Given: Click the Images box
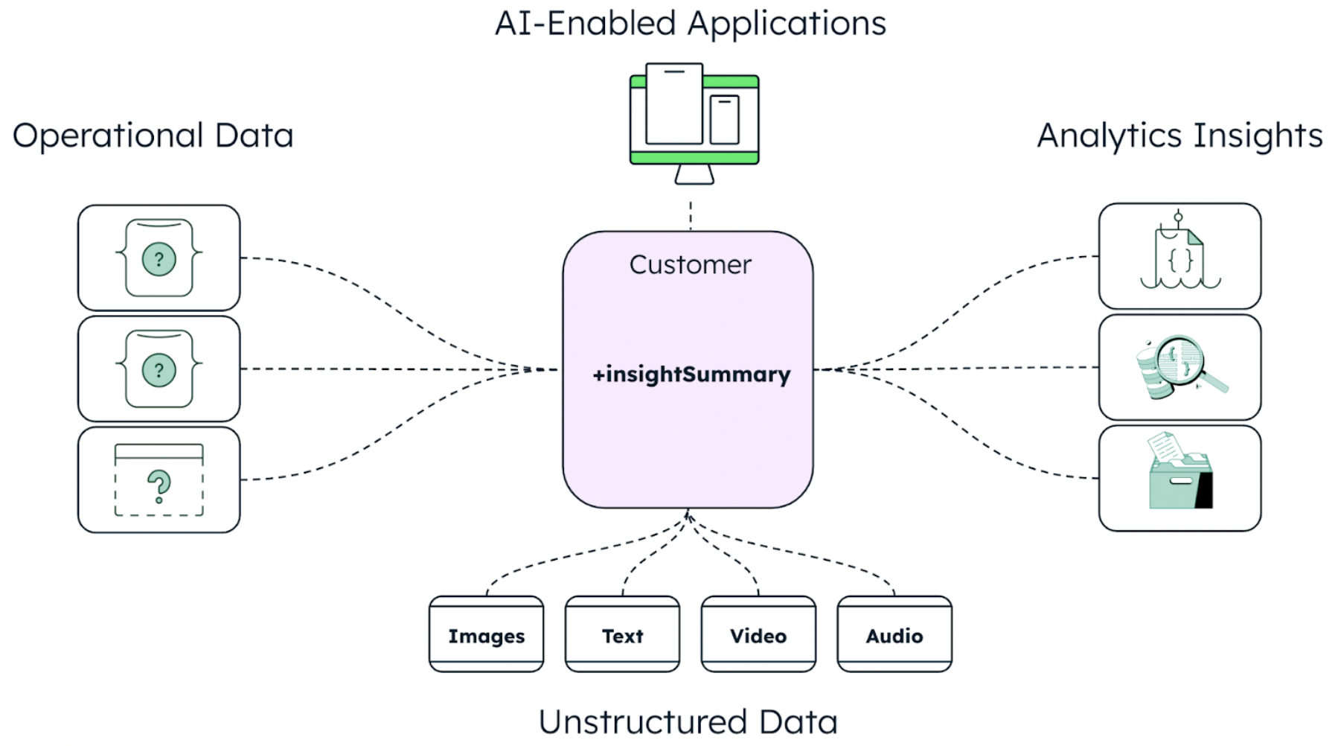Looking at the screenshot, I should pos(486,635).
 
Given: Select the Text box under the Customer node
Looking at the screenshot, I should pos(622,635).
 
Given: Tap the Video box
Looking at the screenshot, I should pos(758,635).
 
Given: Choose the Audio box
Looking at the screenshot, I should pos(894,635).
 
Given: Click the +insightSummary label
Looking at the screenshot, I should pos(691,374).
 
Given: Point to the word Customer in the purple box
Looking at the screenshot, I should pos(690,265).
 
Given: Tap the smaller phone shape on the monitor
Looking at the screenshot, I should pos(724,119).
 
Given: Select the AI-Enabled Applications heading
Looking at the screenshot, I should pos(690,24).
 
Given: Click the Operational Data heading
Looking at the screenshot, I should pos(153,136).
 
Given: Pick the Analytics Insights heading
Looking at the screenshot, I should pos(1179,136).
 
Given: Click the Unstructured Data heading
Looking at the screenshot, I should pos(688,721).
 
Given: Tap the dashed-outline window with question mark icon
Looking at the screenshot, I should pos(159,480).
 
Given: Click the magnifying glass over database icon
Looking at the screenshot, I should pos(1180,367).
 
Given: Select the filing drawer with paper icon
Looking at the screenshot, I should pos(1180,473).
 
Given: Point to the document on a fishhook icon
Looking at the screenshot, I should pos(1180,253).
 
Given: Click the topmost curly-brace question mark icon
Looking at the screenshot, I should pos(159,258).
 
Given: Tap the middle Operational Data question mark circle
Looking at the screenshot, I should pos(159,370).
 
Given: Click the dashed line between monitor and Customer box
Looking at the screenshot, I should pos(691,214).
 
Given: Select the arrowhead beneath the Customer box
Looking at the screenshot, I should pos(688,515).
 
